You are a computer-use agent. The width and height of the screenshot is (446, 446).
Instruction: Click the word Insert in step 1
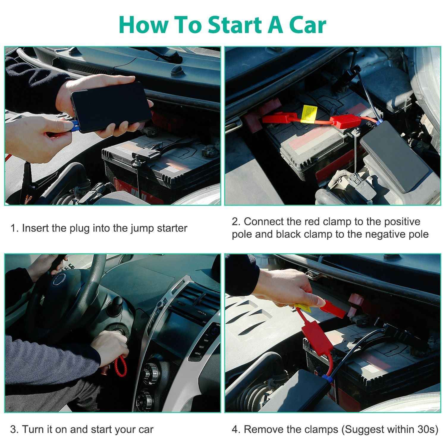point(35,228)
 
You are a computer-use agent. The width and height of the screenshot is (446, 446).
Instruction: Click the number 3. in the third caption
point(15,429)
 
